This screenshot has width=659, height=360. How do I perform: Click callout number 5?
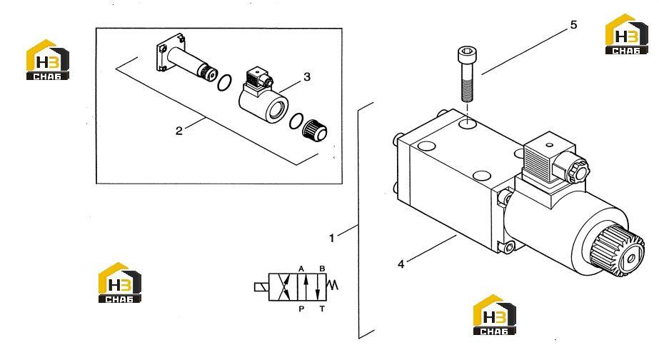pos(574,25)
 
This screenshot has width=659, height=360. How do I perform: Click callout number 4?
pos(401,264)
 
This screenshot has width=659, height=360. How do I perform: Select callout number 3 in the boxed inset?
pos(307,77)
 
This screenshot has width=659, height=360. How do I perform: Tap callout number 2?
pos(179,131)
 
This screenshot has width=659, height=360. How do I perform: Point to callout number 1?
pos(331,238)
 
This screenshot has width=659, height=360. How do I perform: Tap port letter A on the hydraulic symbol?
pos(301,269)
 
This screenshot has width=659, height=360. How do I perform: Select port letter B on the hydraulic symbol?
pos(322,269)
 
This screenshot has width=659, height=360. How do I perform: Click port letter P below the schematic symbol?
pos(301,309)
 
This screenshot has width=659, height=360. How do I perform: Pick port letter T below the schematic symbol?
pos(322,309)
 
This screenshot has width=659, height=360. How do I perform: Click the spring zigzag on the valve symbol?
pos(333,285)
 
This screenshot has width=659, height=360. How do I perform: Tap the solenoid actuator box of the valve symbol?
pos(261,287)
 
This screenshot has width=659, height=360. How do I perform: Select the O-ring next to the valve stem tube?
pos(224,82)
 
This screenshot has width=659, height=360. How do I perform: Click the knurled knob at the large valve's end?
pos(617,251)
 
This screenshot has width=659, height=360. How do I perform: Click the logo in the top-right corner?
pos(626,34)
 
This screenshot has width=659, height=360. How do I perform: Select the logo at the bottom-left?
pos(120,283)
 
